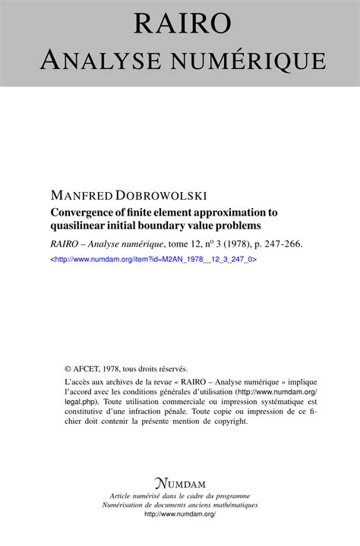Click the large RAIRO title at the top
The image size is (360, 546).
182,22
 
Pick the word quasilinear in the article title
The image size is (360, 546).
82,228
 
